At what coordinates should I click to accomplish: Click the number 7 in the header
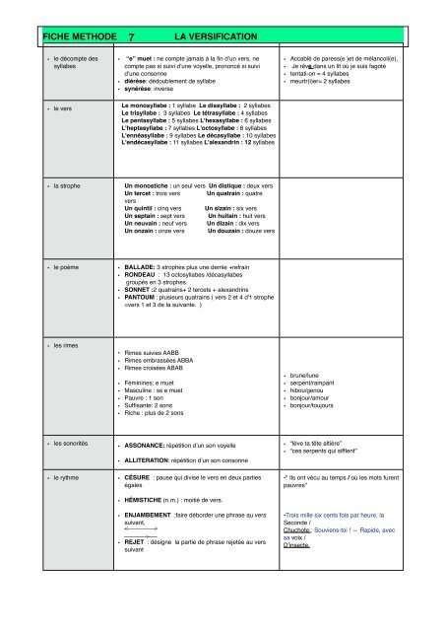tap(131, 36)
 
